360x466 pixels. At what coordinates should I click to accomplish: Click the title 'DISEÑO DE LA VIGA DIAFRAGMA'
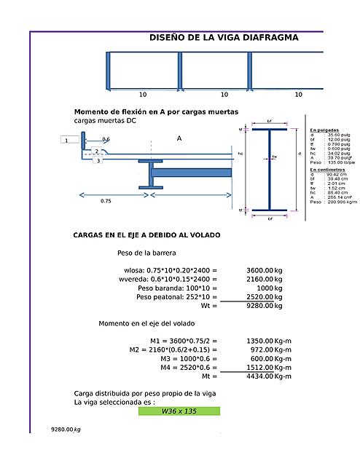click(224, 37)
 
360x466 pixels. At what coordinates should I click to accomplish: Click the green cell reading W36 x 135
click(179, 411)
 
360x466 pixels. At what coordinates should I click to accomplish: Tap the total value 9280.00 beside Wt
click(259, 306)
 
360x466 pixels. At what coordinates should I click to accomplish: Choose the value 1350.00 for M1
click(259, 340)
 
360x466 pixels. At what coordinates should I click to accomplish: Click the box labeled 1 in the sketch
click(66, 140)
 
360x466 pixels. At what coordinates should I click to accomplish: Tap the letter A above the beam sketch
click(179, 138)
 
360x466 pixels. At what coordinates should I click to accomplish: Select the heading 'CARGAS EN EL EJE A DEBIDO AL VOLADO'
click(146, 235)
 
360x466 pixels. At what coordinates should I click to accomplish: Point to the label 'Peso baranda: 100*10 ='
click(177, 288)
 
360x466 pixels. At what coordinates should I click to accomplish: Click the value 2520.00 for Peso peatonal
click(259, 296)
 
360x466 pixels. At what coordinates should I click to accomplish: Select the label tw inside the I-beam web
click(274, 156)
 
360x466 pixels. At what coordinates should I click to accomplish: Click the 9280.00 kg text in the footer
click(66, 430)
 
